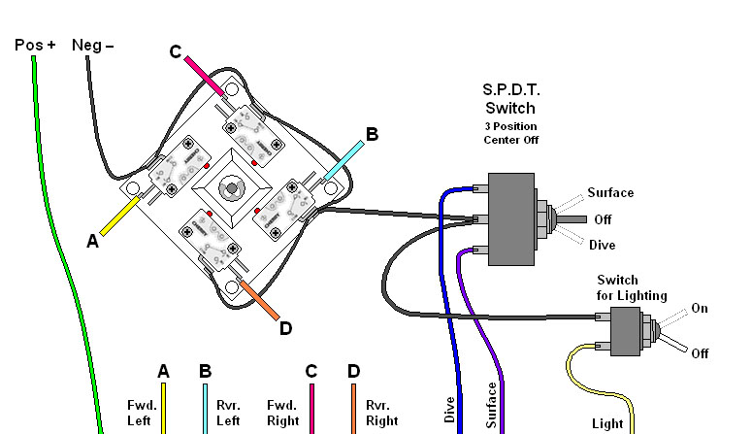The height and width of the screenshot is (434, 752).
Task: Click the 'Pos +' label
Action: click(x=36, y=45)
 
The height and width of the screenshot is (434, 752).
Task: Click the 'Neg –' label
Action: click(x=93, y=45)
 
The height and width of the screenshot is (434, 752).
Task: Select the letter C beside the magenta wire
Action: click(x=176, y=51)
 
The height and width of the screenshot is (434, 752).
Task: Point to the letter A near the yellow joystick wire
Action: click(x=93, y=242)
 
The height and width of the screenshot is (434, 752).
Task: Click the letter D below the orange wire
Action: click(x=285, y=328)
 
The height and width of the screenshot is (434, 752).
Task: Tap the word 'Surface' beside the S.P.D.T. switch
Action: click(x=610, y=192)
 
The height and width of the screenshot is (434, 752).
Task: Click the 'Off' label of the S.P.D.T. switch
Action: click(x=602, y=219)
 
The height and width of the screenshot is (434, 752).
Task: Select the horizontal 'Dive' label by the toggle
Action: click(x=602, y=245)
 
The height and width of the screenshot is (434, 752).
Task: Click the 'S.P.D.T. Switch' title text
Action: click(x=510, y=99)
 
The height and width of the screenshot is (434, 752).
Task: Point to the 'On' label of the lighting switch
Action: click(x=700, y=309)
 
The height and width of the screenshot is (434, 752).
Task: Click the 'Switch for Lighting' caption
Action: click(x=632, y=287)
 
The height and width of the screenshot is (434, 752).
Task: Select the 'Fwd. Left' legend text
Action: click(x=140, y=413)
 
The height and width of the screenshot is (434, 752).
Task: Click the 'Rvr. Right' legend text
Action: click(x=381, y=413)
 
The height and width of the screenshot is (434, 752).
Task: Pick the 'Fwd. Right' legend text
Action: click(x=281, y=413)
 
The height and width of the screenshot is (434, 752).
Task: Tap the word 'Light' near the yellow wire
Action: click(x=608, y=424)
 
